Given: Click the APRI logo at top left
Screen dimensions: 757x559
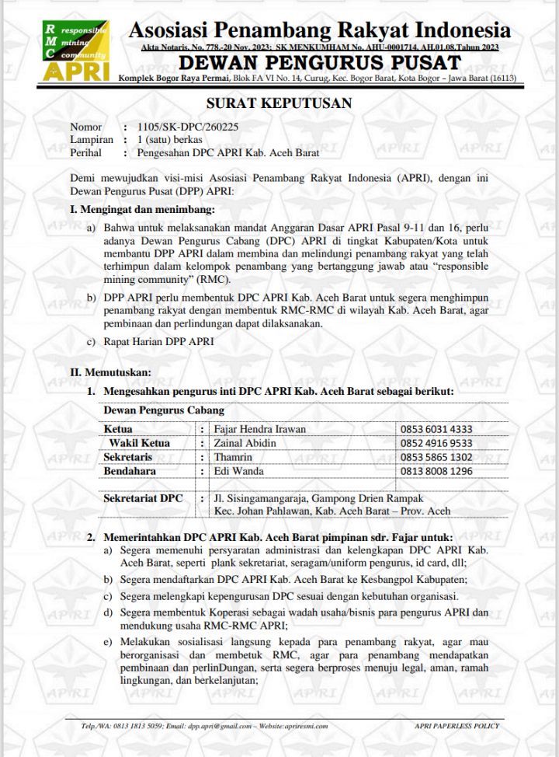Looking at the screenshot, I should click(x=75, y=51).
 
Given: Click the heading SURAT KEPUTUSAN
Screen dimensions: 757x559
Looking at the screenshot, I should click(x=279, y=103).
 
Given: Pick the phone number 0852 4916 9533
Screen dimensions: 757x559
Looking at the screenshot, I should click(x=436, y=443).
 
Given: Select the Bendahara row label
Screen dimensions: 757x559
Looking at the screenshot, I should click(x=130, y=471).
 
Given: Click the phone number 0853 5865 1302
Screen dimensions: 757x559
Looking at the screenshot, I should click(x=436, y=457).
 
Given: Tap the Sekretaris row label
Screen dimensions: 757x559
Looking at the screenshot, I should click(x=127, y=457).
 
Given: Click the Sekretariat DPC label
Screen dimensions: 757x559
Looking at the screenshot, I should click(x=143, y=498).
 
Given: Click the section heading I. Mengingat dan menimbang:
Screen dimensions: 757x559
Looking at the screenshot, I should click(x=142, y=209).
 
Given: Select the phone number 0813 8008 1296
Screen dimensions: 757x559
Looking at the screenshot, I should click(x=436, y=471).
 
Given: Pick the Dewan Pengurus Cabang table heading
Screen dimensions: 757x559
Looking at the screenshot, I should click(x=164, y=410).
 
